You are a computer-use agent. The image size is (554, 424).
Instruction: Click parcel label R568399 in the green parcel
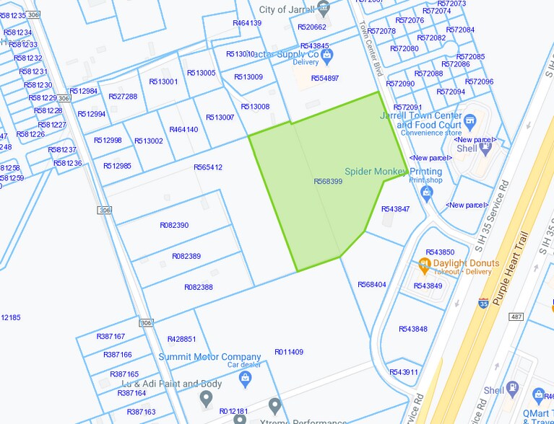click(328, 182)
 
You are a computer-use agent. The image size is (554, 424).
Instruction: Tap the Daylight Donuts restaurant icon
click(425, 264)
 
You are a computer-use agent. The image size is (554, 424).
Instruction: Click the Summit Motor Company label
click(209, 357)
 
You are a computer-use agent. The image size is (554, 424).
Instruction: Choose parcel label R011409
click(289, 352)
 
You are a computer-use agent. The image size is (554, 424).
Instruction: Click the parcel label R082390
click(174, 225)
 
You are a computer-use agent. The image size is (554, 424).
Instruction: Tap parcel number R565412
click(208, 167)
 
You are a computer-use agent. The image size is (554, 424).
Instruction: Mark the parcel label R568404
click(372, 284)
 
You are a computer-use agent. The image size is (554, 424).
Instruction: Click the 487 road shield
click(516, 317)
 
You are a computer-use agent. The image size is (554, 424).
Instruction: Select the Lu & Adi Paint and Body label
click(171, 384)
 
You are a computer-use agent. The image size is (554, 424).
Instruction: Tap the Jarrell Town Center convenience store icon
click(470, 120)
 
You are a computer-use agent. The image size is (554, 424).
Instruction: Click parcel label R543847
click(395, 209)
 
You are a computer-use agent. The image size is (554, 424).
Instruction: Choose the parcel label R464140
click(183, 130)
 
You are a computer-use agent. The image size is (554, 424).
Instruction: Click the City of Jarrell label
click(287, 9)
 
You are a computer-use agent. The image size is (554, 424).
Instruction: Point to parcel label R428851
click(181, 339)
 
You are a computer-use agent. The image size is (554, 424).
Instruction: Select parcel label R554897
click(325, 78)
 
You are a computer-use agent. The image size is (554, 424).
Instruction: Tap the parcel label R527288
click(123, 97)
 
